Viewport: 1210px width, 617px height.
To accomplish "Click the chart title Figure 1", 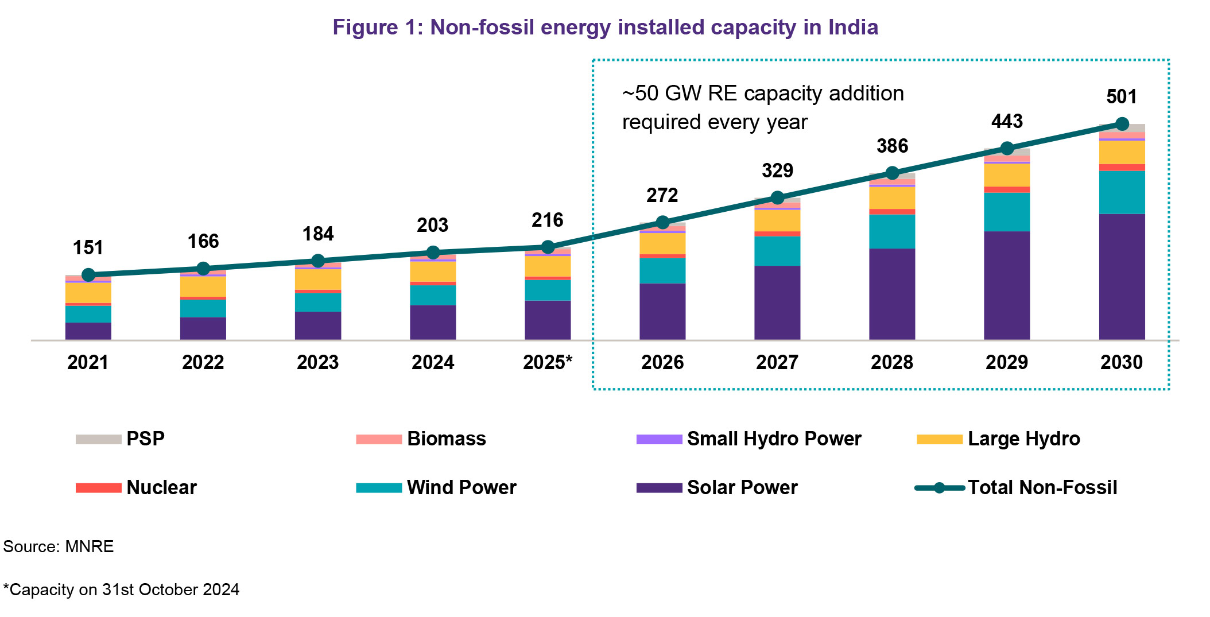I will click(x=605, y=28).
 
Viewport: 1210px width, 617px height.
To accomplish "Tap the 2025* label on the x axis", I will click(x=548, y=362).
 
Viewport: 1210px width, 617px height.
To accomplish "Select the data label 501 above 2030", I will click(x=1122, y=96).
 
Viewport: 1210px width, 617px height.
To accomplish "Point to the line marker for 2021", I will click(x=88, y=275).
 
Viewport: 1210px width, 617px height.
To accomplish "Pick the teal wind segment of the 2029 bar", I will click(x=1007, y=212).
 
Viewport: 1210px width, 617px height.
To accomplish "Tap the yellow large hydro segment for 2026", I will click(x=662, y=243).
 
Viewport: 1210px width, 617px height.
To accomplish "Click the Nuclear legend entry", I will click(x=137, y=488).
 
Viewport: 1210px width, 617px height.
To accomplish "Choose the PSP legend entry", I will click(x=121, y=439).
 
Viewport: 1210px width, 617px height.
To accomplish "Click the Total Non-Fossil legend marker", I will click(x=939, y=488).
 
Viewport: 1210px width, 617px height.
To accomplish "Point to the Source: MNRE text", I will click(x=59, y=546).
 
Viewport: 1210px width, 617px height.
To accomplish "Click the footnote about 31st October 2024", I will click(x=121, y=589).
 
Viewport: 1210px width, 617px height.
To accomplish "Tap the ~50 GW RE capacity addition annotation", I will click(x=763, y=108).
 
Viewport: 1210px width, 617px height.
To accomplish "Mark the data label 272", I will click(x=662, y=195).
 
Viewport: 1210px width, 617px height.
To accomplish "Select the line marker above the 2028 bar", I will click(x=892, y=173).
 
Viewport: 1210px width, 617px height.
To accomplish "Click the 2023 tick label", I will click(x=318, y=362).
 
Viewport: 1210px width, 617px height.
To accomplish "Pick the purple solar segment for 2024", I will click(x=433, y=322).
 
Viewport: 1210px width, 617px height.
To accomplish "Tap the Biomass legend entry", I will click(x=421, y=439).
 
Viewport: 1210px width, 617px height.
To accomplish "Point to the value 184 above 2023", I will click(x=318, y=234).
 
